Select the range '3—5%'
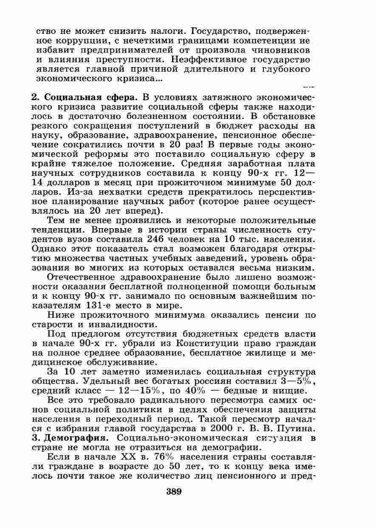point(298,381)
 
